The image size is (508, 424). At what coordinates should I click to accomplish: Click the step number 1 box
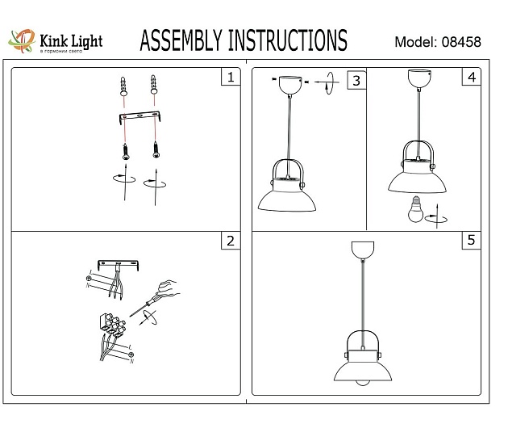pyautogui.click(x=231, y=78)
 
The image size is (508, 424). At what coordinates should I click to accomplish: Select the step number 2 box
pyautogui.click(x=231, y=241)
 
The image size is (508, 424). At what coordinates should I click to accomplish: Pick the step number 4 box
pyautogui.click(x=471, y=78)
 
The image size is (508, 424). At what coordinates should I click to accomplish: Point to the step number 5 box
pyautogui.click(x=471, y=241)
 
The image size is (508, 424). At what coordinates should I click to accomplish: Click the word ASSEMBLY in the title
pyautogui.click(x=181, y=40)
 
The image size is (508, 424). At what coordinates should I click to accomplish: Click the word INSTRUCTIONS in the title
pyautogui.click(x=287, y=40)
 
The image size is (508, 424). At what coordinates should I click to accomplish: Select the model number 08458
pyautogui.click(x=462, y=42)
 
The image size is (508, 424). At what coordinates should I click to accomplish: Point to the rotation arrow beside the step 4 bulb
pyautogui.click(x=436, y=216)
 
